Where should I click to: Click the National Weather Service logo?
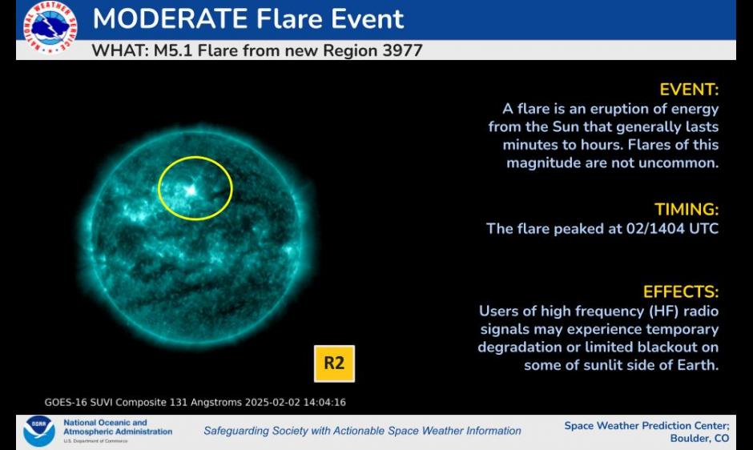tap(50, 26)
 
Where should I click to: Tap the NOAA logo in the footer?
tap(38, 431)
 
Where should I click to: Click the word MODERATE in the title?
tap(170, 18)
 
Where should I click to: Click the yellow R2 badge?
tap(334, 364)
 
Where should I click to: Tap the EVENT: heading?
tap(689, 90)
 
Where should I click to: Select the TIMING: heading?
tap(687, 209)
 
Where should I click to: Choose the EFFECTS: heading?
tap(681, 291)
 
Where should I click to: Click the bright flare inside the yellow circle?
tap(191, 191)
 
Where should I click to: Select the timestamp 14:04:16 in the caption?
tap(325, 403)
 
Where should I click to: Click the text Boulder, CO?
tap(699, 438)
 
